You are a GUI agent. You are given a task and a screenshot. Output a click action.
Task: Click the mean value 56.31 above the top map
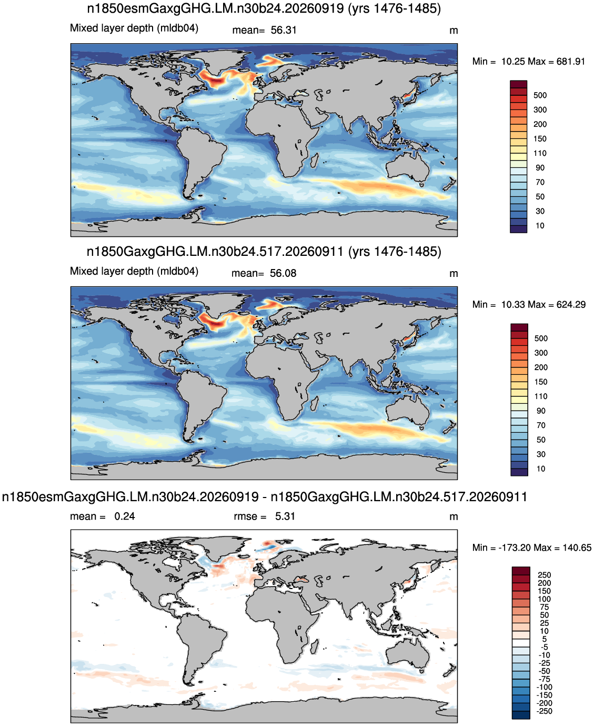pos(283,31)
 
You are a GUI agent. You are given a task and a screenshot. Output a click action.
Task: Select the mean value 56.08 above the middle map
pos(283,273)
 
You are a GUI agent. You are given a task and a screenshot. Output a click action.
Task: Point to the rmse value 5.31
pos(285,516)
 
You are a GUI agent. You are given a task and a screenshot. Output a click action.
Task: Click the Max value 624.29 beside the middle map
pos(571,305)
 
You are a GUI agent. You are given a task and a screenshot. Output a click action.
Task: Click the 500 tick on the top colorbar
pos(540,95)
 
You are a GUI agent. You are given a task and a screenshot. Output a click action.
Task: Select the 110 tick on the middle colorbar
pos(541,396)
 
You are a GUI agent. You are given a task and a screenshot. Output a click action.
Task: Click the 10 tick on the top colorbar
pos(540,226)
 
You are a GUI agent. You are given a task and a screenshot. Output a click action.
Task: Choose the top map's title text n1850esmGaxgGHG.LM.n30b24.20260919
pos(215,8)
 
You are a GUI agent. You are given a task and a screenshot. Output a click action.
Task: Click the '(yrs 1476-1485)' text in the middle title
pos(395,252)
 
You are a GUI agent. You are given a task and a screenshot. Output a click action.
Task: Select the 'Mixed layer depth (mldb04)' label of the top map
pos(134,28)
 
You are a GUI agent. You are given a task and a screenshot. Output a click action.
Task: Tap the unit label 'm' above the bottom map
pos(454,517)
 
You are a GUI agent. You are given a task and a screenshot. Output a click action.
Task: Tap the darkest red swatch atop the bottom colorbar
pos(521,570)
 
